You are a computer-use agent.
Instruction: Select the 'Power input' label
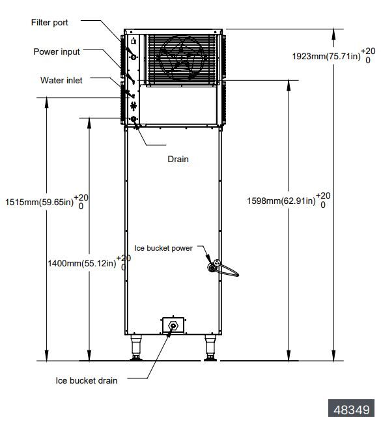tap(57, 51)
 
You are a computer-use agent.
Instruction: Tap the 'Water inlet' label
tap(57, 80)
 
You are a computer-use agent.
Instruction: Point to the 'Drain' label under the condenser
tap(178, 159)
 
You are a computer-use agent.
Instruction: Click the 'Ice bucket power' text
tap(163, 247)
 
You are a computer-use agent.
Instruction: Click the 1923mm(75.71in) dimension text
tap(326, 57)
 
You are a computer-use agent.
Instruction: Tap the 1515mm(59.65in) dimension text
tap(38, 201)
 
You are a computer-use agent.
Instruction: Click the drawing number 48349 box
tap(352, 410)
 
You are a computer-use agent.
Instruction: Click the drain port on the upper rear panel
tap(134, 119)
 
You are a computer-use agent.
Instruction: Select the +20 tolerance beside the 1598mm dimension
tap(324, 195)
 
